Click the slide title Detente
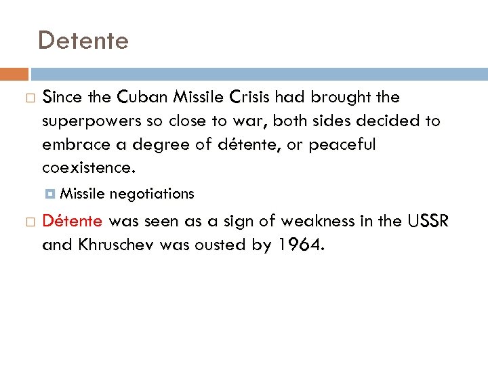83,41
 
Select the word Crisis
242,98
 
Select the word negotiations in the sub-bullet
152,195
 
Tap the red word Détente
73,221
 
